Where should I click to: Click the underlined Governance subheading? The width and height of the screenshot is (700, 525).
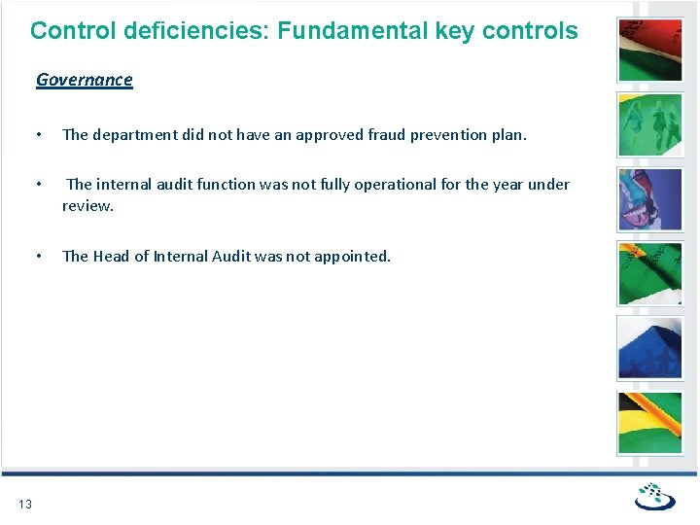84,80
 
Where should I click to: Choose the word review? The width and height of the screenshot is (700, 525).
87,205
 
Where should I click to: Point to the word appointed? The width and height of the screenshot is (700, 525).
352,257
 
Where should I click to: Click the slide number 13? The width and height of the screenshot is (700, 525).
25,504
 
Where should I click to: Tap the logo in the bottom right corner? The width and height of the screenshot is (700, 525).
654,497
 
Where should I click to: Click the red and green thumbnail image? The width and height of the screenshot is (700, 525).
650,50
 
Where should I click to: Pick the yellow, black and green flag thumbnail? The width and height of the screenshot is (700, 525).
650,423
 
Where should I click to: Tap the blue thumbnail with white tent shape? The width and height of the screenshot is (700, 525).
650,348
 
